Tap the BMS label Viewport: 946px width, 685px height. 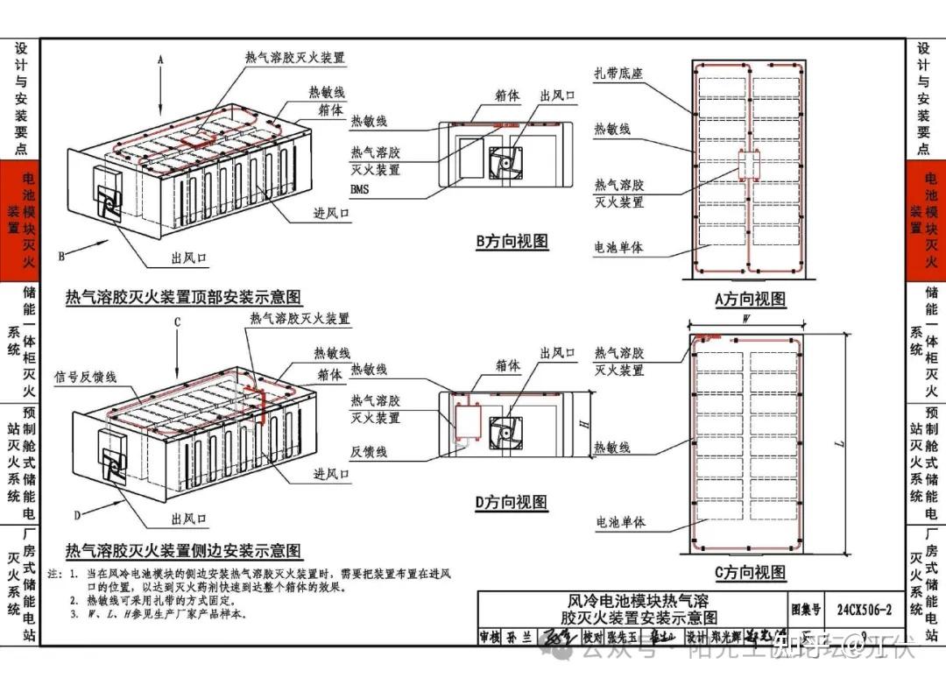pyautogui.click(x=359, y=189)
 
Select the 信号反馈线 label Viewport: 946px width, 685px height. pyautogui.click(x=86, y=377)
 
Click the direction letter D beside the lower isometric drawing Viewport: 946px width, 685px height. pyautogui.click(x=77, y=514)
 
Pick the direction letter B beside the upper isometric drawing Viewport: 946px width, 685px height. pyautogui.click(x=61, y=257)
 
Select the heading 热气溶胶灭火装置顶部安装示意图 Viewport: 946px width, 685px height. pyautogui.click(x=183, y=298)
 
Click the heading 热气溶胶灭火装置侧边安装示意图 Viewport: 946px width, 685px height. pyautogui.click(x=183, y=551)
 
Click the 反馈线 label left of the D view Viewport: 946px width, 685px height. pyautogui.click(x=369, y=452)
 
